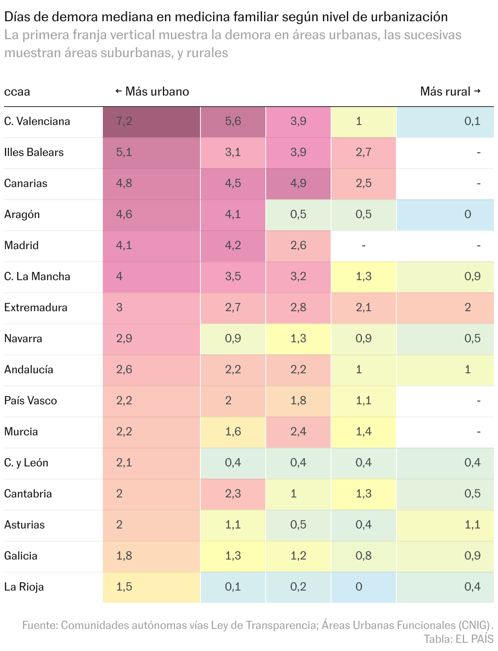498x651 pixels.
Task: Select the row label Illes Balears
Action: click(x=34, y=152)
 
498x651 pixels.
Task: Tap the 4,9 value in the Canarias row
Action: click(x=298, y=183)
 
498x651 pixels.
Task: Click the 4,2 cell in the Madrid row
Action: click(x=233, y=245)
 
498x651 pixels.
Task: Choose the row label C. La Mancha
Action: click(x=37, y=276)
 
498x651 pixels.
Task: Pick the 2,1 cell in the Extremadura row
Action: click(x=363, y=308)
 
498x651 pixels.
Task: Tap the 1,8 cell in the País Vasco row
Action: click(x=298, y=401)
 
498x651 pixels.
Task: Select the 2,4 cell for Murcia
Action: click(x=298, y=432)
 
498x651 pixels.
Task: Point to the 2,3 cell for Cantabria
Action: click(x=233, y=494)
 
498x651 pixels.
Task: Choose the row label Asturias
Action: click(x=24, y=525)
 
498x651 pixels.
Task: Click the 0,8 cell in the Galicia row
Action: click(x=363, y=556)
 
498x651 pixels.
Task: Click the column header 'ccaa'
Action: click(x=17, y=91)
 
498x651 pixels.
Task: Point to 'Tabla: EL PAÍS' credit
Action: click(x=458, y=639)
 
